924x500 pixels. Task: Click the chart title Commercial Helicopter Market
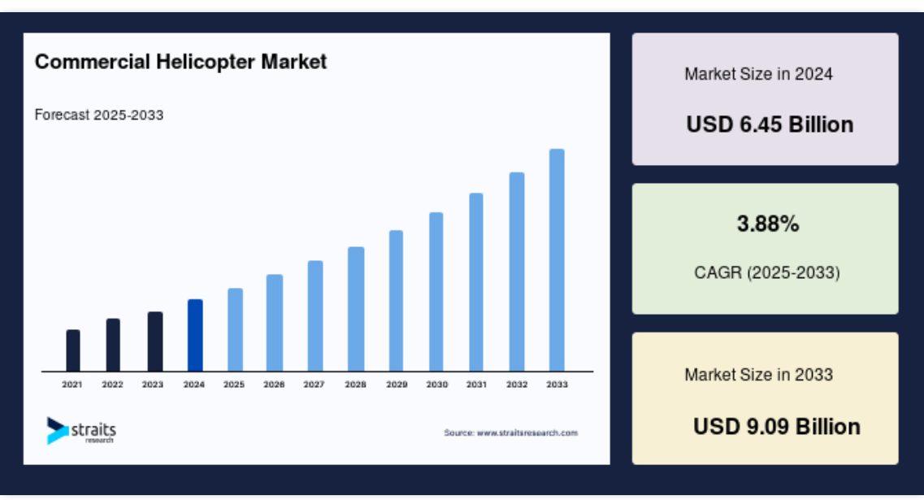pos(180,62)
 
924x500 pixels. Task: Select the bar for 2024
pos(195,336)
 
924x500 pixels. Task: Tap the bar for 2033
pos(557,260)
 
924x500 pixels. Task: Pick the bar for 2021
pos(73,351)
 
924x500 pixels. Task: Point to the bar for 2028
pos(356,309)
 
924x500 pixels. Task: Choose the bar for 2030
pos(436,292)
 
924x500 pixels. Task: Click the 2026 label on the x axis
pos(274,385)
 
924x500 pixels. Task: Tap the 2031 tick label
pos(477,385)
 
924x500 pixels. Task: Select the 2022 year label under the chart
pos(112,385)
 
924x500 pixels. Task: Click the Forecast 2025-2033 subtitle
pos(99,115)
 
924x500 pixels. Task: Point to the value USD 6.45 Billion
pos(770,124)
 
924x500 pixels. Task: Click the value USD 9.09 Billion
pos(777,426)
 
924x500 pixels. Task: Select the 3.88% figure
pos(768,224)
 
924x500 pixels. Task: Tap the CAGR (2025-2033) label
pos(767,272)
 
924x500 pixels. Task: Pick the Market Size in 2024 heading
pos(758,74)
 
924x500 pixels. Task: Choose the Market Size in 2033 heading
pos(758,375)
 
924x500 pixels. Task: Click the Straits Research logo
pos(81,431)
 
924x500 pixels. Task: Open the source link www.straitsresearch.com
pos(527,433)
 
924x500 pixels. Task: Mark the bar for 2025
pos(235,330)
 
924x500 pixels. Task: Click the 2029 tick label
pos(397,385)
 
